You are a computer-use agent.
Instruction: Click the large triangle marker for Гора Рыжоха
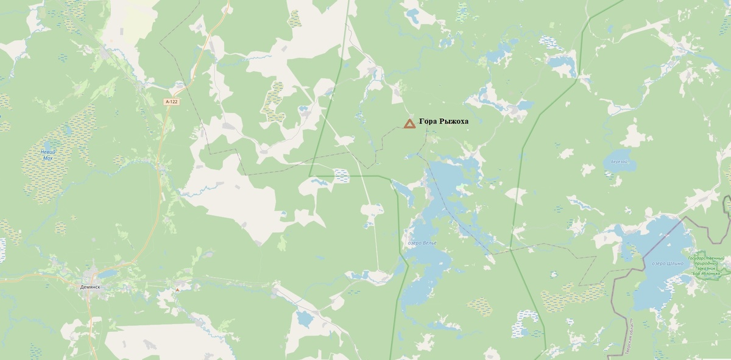tap(409, 124)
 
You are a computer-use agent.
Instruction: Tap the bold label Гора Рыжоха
tap(443, 121)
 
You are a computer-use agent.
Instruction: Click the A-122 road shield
tap(172, 102)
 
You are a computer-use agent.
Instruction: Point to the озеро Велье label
tap(422, 242)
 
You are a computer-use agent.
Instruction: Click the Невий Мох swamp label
tap(48, 155)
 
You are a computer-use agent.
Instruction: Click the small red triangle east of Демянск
tap(177, 290)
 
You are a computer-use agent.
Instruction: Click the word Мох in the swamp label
tap(48, 158)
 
